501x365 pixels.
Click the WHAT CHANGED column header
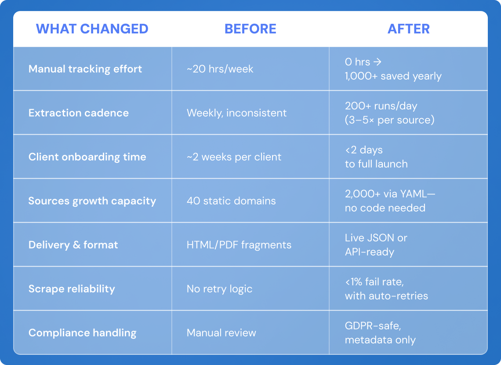92,29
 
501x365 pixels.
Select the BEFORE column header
250,29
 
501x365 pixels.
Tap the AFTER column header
409,29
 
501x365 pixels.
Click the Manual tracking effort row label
85,69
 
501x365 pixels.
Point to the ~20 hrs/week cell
220,69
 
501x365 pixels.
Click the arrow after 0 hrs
378,62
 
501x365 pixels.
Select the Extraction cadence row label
79,113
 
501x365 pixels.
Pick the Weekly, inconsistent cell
237,113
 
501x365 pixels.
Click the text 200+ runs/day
381,106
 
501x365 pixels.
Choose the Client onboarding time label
87,157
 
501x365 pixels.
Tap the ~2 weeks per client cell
234,157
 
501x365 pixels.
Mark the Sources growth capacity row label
92,201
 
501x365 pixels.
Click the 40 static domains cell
231,201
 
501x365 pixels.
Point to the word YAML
413,193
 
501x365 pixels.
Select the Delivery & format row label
73,245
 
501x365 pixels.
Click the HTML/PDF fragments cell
239,245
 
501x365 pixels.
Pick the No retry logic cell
219,289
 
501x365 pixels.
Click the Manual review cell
221,333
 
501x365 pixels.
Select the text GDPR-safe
373,326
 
